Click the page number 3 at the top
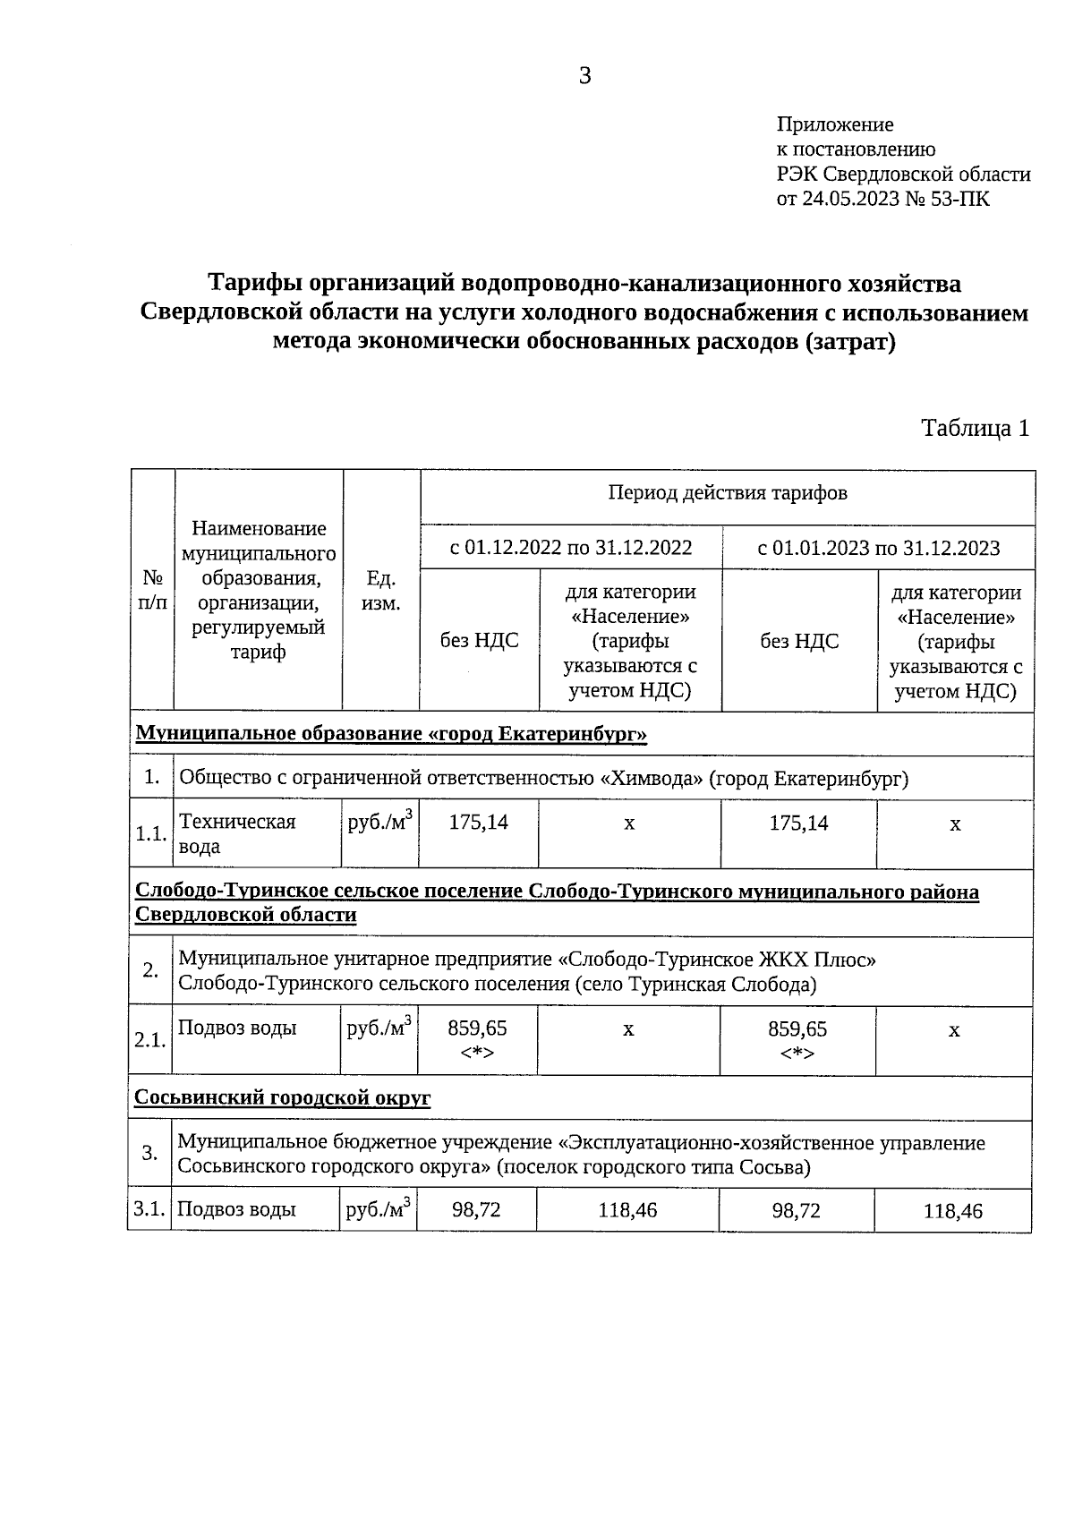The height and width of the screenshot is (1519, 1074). click(584, 76)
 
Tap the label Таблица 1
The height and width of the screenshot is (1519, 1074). click(975, 428)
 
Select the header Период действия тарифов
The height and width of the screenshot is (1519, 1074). click(727, 493)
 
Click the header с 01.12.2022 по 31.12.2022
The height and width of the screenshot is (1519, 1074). click(570, 547)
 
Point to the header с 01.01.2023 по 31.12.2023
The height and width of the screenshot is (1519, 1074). click(878, 547)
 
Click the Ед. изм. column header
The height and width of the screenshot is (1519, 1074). click(380, 591)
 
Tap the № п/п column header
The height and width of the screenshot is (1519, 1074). click(152, 591)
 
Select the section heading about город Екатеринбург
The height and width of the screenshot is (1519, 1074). click(391, 734)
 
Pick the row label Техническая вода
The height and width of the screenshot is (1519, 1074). click(236, 833)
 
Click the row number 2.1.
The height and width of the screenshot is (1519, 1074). click(149, 1040)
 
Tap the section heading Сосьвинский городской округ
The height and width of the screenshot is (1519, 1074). click(282, 1097)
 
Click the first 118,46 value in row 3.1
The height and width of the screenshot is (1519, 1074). click(627, 1210)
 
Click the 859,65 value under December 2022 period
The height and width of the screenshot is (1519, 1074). click(477, 1029)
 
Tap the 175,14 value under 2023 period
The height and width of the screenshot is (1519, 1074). click(798, 823)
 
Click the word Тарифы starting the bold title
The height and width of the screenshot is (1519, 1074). click(254, 284)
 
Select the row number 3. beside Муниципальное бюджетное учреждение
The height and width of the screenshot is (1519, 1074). click(149, 1153)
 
